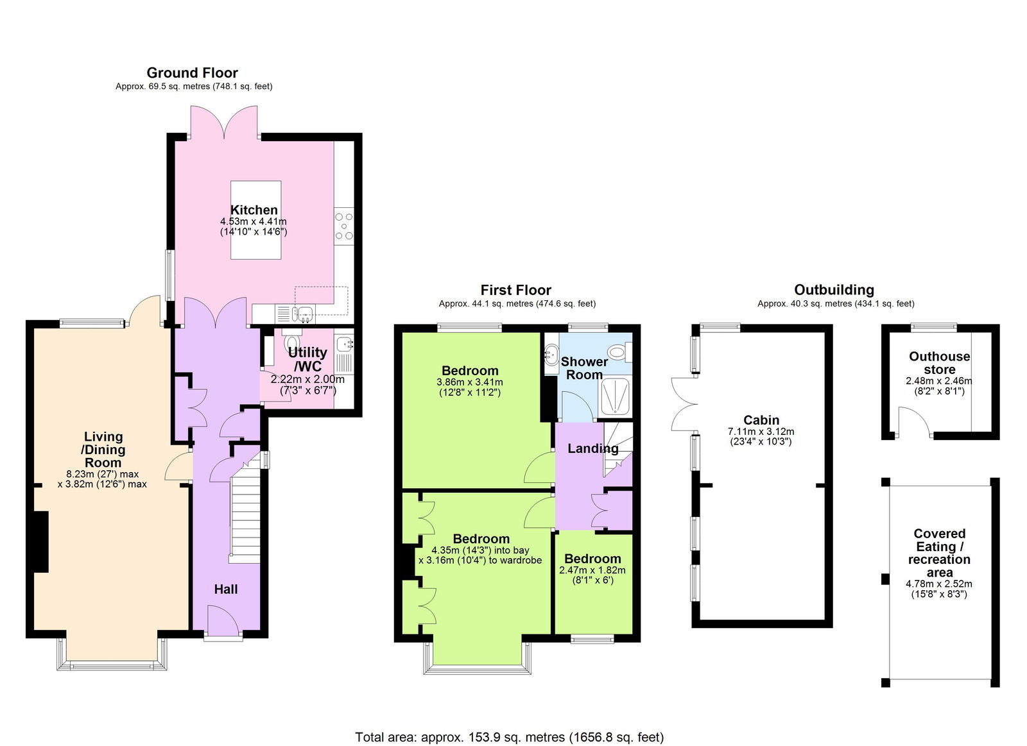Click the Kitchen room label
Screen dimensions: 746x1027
pos(254,210)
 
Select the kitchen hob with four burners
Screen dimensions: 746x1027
pos(344,226)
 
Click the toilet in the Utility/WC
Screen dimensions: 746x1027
pos(291,341)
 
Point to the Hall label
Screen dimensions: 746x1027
pos(226,589)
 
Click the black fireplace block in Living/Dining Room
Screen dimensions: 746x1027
pos(40,541)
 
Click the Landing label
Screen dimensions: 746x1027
pos(592,448)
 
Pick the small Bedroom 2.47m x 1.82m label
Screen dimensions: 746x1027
pos(592,559)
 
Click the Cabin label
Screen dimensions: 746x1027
pos(761,420)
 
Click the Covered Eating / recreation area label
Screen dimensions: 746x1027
pos(939,552)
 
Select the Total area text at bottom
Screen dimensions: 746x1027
pos(509,737)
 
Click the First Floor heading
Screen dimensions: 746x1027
pos(515,290)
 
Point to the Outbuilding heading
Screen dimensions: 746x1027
pos(834,290)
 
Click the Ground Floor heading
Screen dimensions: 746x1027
pos(192,72)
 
